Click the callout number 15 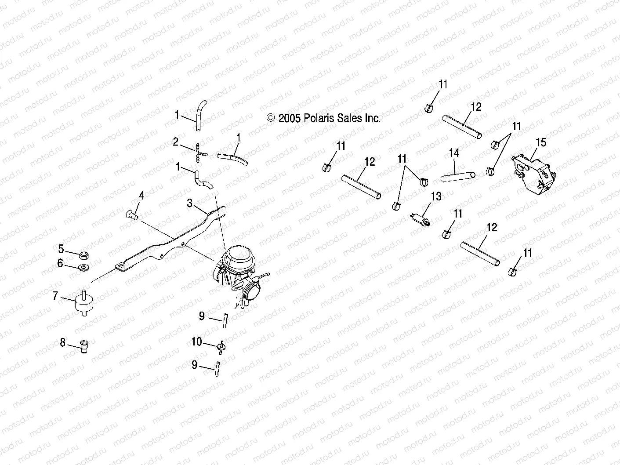541,142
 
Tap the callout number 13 436,196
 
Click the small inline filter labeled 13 419,218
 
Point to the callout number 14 454,153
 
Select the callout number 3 189,203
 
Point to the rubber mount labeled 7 83,303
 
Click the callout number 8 63,342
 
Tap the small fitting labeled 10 221,346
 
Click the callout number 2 175,142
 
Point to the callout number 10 196,341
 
